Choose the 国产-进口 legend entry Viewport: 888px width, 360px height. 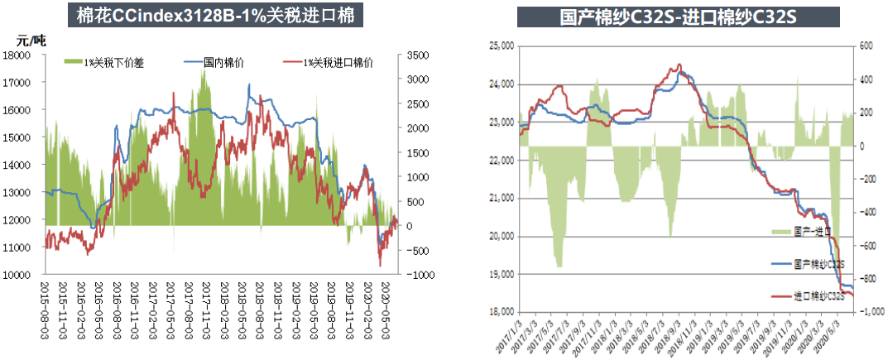point(810,233)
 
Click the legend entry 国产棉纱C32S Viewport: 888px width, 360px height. point(818,264)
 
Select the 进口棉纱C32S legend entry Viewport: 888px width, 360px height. point(818,295)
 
